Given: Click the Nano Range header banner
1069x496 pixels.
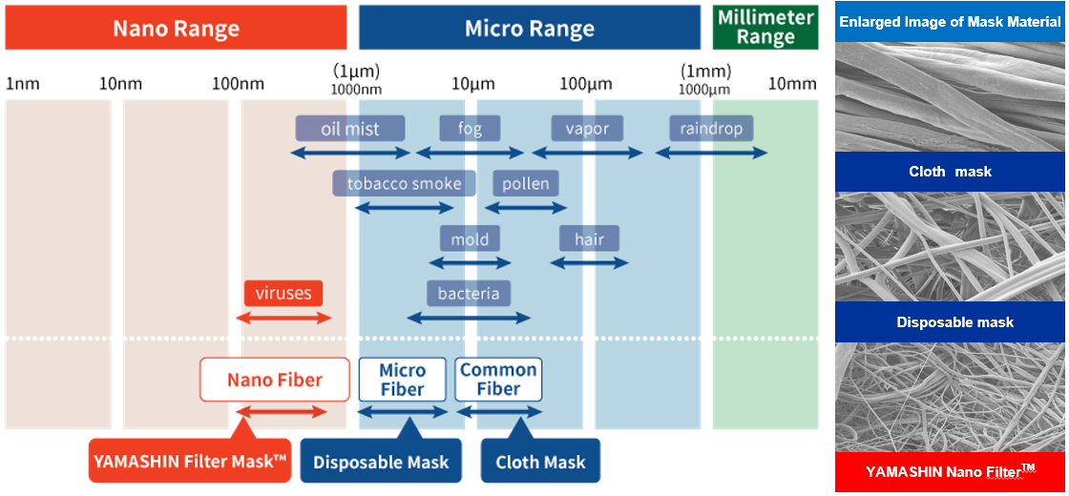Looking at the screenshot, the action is coord(176,28).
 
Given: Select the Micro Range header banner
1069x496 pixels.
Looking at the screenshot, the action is coord(530,28).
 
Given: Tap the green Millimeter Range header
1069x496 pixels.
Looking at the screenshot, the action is coord(765,28).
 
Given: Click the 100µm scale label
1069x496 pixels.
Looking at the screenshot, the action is coord(586,85).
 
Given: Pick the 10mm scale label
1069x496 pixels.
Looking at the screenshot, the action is coord(792,85).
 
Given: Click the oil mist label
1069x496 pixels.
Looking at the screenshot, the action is coord(350,128).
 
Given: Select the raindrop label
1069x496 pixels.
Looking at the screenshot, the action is coord(711,128).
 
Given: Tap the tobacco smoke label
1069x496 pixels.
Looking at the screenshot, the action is coord(404,183).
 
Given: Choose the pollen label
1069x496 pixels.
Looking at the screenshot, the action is coord(526,183).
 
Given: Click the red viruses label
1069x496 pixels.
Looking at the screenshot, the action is coord(283,294).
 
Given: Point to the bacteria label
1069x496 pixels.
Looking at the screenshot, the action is coord(469,294).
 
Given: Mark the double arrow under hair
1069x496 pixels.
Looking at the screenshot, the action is coord(589,262).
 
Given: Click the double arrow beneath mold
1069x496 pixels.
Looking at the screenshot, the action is coord(470,262).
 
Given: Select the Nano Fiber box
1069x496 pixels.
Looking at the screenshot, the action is coord(274,380).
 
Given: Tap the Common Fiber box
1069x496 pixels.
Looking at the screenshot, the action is coord(498,380).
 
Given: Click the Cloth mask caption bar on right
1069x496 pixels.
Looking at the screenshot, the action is coord(950,172).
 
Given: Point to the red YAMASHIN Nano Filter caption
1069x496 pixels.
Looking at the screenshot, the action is coord(950,471).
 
